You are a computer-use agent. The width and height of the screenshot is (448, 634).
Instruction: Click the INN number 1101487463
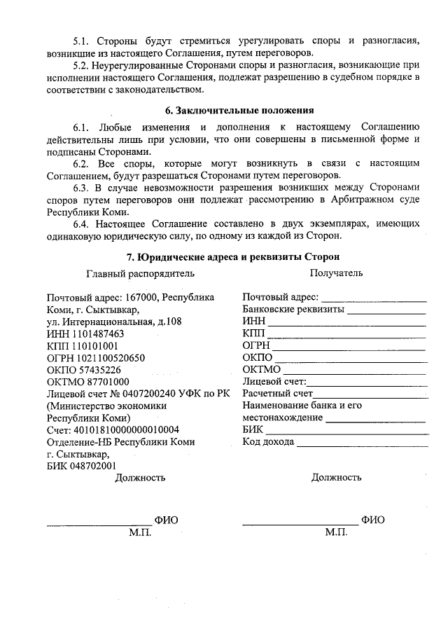[99, 334]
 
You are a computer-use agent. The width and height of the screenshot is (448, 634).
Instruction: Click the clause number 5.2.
[83, 66]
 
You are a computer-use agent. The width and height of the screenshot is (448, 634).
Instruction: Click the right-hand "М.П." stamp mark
[336, 533]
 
